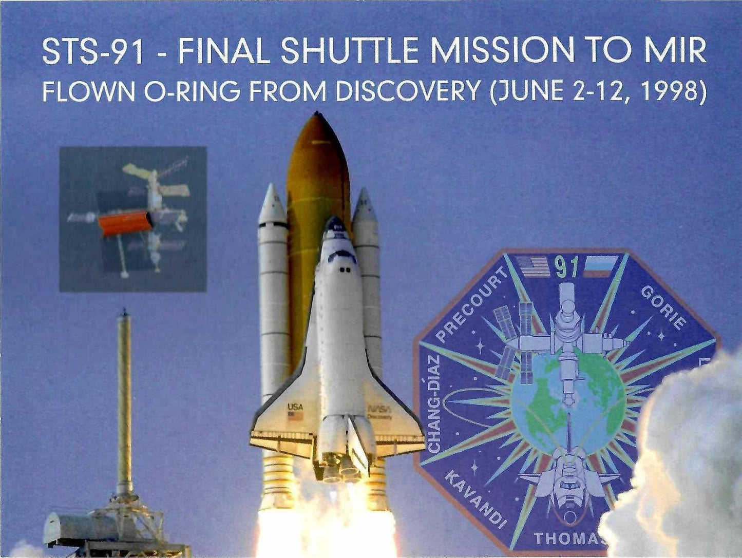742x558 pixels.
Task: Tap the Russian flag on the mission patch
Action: [600, 266]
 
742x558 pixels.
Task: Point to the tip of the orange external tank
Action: [316, 113]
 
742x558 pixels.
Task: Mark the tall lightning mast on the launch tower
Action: [124, 398]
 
